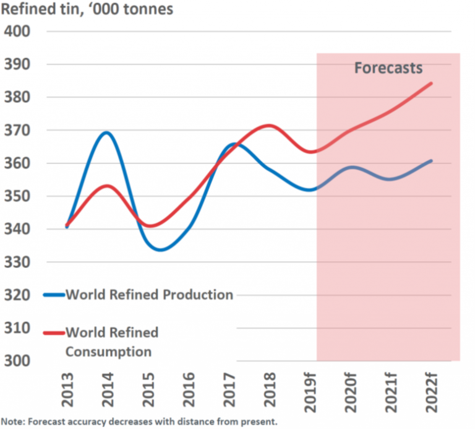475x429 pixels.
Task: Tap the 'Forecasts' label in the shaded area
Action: pos(388,67)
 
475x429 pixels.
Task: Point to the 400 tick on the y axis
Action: pos(19,31)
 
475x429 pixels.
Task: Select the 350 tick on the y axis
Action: pos(19,196)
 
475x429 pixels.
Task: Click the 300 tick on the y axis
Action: pos(19,361)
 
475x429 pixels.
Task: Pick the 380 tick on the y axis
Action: pos(19,97)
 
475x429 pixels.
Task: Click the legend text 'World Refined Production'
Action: pos(149,295)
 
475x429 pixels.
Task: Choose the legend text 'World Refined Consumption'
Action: pos(111,342)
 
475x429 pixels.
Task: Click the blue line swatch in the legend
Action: pos(54,295)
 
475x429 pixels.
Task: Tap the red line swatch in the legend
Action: pos(54,333)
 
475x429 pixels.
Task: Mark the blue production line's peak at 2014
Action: pos(106,132)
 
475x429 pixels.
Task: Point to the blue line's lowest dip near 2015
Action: pos(160,249)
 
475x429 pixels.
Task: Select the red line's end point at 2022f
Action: pos(431,83)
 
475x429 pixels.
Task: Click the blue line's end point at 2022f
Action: pos(431,160)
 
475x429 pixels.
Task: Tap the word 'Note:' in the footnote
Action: pos(12,422)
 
